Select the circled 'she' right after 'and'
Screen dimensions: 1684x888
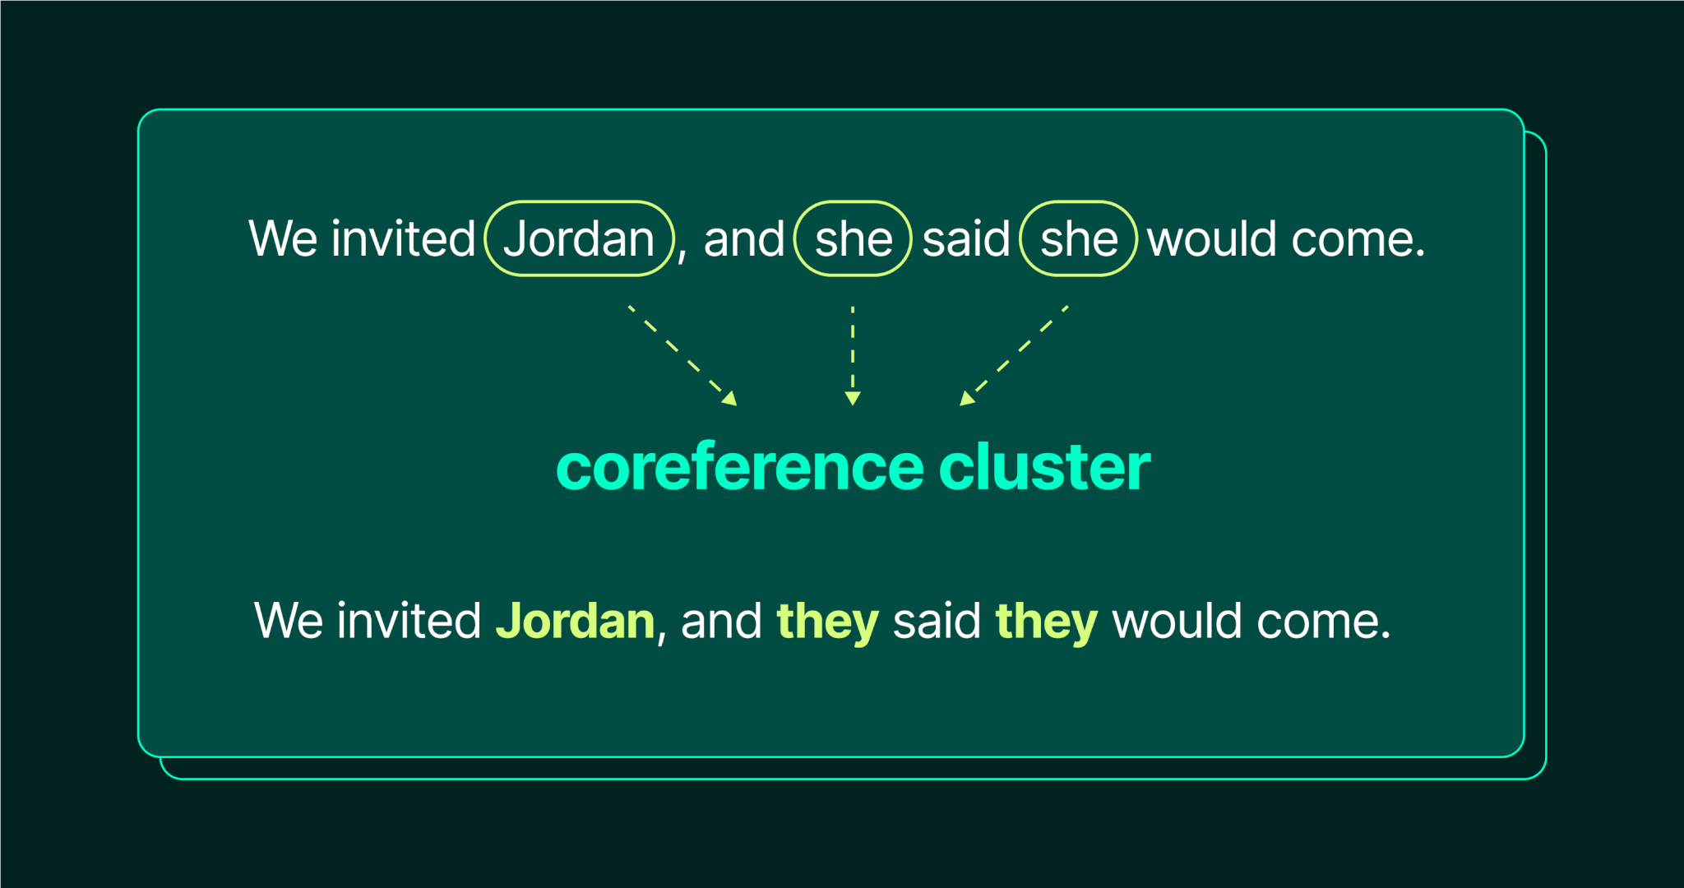click(853, 238)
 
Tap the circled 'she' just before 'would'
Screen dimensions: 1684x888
click(1078, 238)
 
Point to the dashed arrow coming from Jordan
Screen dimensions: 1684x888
click(682, 356)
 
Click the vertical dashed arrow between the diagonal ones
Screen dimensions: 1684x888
click(853, 356)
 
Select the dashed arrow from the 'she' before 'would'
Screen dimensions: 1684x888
click(1014, 356)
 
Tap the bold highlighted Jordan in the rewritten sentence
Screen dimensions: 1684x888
click(576, 621)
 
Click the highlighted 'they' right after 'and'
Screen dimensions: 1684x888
click(828, 622)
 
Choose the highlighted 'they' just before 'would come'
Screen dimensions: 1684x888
click(1047, 622)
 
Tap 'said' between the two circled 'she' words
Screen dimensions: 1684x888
click(966, 239)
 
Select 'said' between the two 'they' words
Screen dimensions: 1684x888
click(937, 621)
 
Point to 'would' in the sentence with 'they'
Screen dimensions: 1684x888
click(1177, 621)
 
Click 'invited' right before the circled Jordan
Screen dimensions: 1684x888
click(404, 239)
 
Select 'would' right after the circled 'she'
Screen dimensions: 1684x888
click(1212, 239)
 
